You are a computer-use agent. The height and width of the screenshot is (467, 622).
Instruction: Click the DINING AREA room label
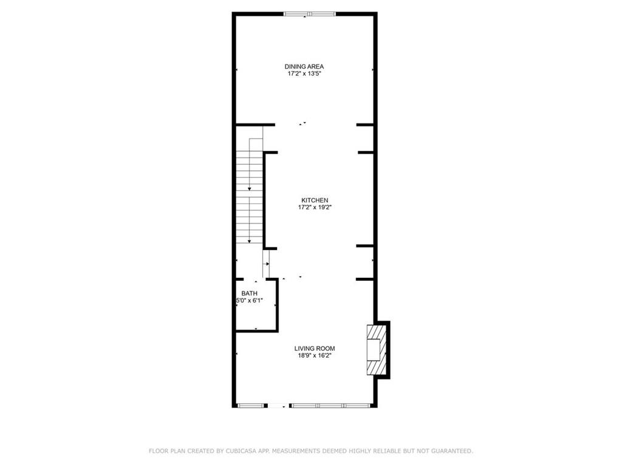point(304,67)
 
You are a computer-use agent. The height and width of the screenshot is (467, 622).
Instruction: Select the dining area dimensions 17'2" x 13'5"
point(304,74)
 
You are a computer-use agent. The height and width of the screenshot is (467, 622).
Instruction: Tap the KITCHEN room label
point(315,201)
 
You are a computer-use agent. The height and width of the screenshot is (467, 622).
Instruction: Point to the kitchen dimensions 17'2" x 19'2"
point(315,207)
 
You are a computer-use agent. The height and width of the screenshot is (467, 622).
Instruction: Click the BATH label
point(249,294)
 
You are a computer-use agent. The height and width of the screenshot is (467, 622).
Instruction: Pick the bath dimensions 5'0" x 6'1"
point(250,300)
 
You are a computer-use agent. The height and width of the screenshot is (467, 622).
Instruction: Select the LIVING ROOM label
point(315,348)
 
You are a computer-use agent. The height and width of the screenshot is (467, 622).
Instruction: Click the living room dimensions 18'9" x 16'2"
point(315,356)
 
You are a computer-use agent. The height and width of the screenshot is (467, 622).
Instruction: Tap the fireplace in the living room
point(377,350)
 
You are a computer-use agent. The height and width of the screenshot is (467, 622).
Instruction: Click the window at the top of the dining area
point(310,15)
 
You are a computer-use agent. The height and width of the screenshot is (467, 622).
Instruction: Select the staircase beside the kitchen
point(250,190)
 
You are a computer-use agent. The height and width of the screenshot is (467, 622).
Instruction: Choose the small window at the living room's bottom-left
point(251,406)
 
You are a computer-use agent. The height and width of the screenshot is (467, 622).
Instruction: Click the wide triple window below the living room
point(330,406)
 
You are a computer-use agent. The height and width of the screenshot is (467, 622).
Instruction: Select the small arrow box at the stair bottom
point(266,264)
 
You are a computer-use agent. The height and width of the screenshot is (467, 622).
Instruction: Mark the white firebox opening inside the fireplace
point(374,350)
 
